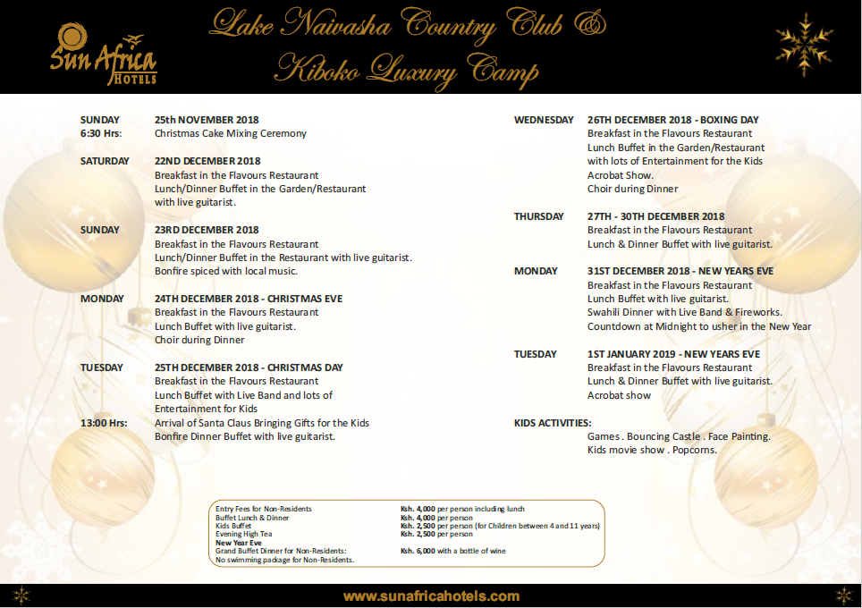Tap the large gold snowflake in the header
[x=803, y=46]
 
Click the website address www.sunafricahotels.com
[x=431, y=595]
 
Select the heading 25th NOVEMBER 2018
[x=207, y=120]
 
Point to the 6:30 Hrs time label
[x=100, y=133]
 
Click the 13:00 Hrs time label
[x=104, y=423]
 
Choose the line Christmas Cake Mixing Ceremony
[x=230, y=133]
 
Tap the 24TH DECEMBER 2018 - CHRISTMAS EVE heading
[x=248, y=299]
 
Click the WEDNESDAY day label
[x=544, y=120]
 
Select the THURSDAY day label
[x=538, y=216]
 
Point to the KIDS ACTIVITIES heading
[x=553, y=423]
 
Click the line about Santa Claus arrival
[x=261, y=423]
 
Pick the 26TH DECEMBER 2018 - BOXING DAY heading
[x=672, y=120]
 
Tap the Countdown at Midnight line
[x=698, y=326]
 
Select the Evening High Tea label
[x=243, y=534]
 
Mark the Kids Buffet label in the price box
[x=233, y=526]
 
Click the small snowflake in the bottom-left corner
[x=21, y=595]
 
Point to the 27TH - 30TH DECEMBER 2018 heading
[x=655, y=216]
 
